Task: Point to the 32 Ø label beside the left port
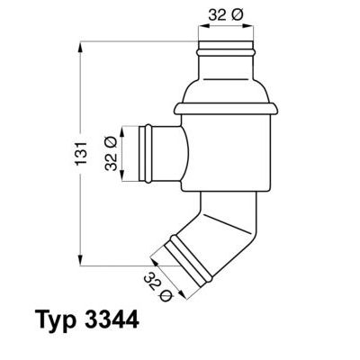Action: [x=112, y=153]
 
